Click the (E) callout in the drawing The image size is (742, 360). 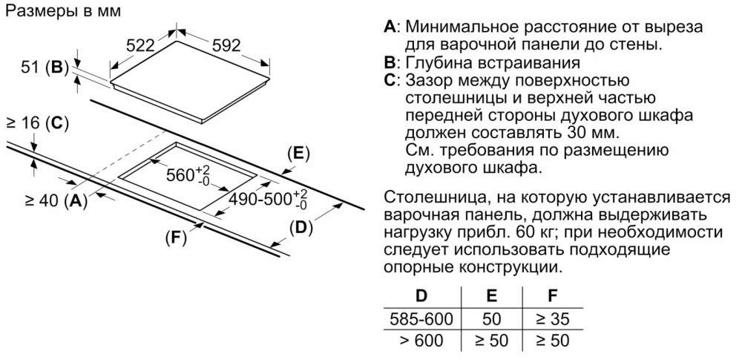(298, 154)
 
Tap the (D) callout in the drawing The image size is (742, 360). (298, 228)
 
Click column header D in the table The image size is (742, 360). (421, 295)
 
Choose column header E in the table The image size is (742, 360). (491, 295)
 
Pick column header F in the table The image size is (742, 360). (552, 295)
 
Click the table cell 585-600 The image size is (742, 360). (421, 318)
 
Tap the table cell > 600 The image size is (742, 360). (421, 341)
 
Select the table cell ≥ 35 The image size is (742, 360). (553, 318)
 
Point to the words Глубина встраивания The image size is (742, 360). (493, 62)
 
